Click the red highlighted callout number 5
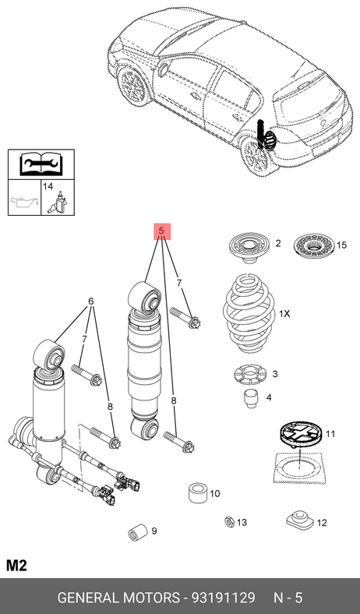161,231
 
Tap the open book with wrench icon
41,164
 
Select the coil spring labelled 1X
249,313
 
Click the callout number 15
341,245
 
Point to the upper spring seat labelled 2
249,248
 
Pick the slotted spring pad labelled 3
249,375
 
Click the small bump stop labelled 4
251,398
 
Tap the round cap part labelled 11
300,433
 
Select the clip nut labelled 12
300,519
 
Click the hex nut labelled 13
230,521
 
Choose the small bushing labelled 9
137,531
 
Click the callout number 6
91,302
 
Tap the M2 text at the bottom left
16,566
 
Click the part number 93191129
223,598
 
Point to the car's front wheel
134,85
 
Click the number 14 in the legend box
48,186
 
